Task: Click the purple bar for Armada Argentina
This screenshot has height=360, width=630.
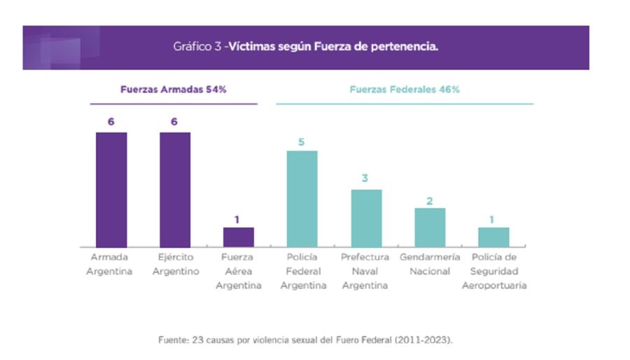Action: coord(111,189)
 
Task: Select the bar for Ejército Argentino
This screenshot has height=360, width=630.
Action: coord(175,189)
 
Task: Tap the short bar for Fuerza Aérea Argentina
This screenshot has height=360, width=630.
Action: coord(238,237)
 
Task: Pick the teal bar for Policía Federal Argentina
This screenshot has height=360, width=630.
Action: coord(302,199)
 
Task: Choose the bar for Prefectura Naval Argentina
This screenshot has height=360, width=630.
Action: coord(366,218)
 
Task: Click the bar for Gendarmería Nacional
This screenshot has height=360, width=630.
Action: coord(430,228)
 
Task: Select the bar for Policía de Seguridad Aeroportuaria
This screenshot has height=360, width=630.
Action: coord(493,237)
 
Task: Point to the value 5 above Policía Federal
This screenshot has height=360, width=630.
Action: coord(302,141)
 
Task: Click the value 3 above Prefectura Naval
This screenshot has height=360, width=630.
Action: coord(365,179)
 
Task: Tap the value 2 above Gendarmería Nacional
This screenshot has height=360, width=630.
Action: coord(430,201)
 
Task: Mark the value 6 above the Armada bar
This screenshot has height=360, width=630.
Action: coord(111,122)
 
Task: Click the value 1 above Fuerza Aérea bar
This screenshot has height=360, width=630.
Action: coord(237,219)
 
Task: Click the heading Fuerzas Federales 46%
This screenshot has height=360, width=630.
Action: coord(405,90)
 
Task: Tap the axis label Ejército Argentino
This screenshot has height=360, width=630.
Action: coord(176,264)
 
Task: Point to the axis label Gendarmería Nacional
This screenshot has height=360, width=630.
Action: coord(430,264)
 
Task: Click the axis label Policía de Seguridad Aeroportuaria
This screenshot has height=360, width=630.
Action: coord(494,271)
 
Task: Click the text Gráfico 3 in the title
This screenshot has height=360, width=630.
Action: coord(197,48)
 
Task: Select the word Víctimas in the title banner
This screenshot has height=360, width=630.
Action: coord(253,48)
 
